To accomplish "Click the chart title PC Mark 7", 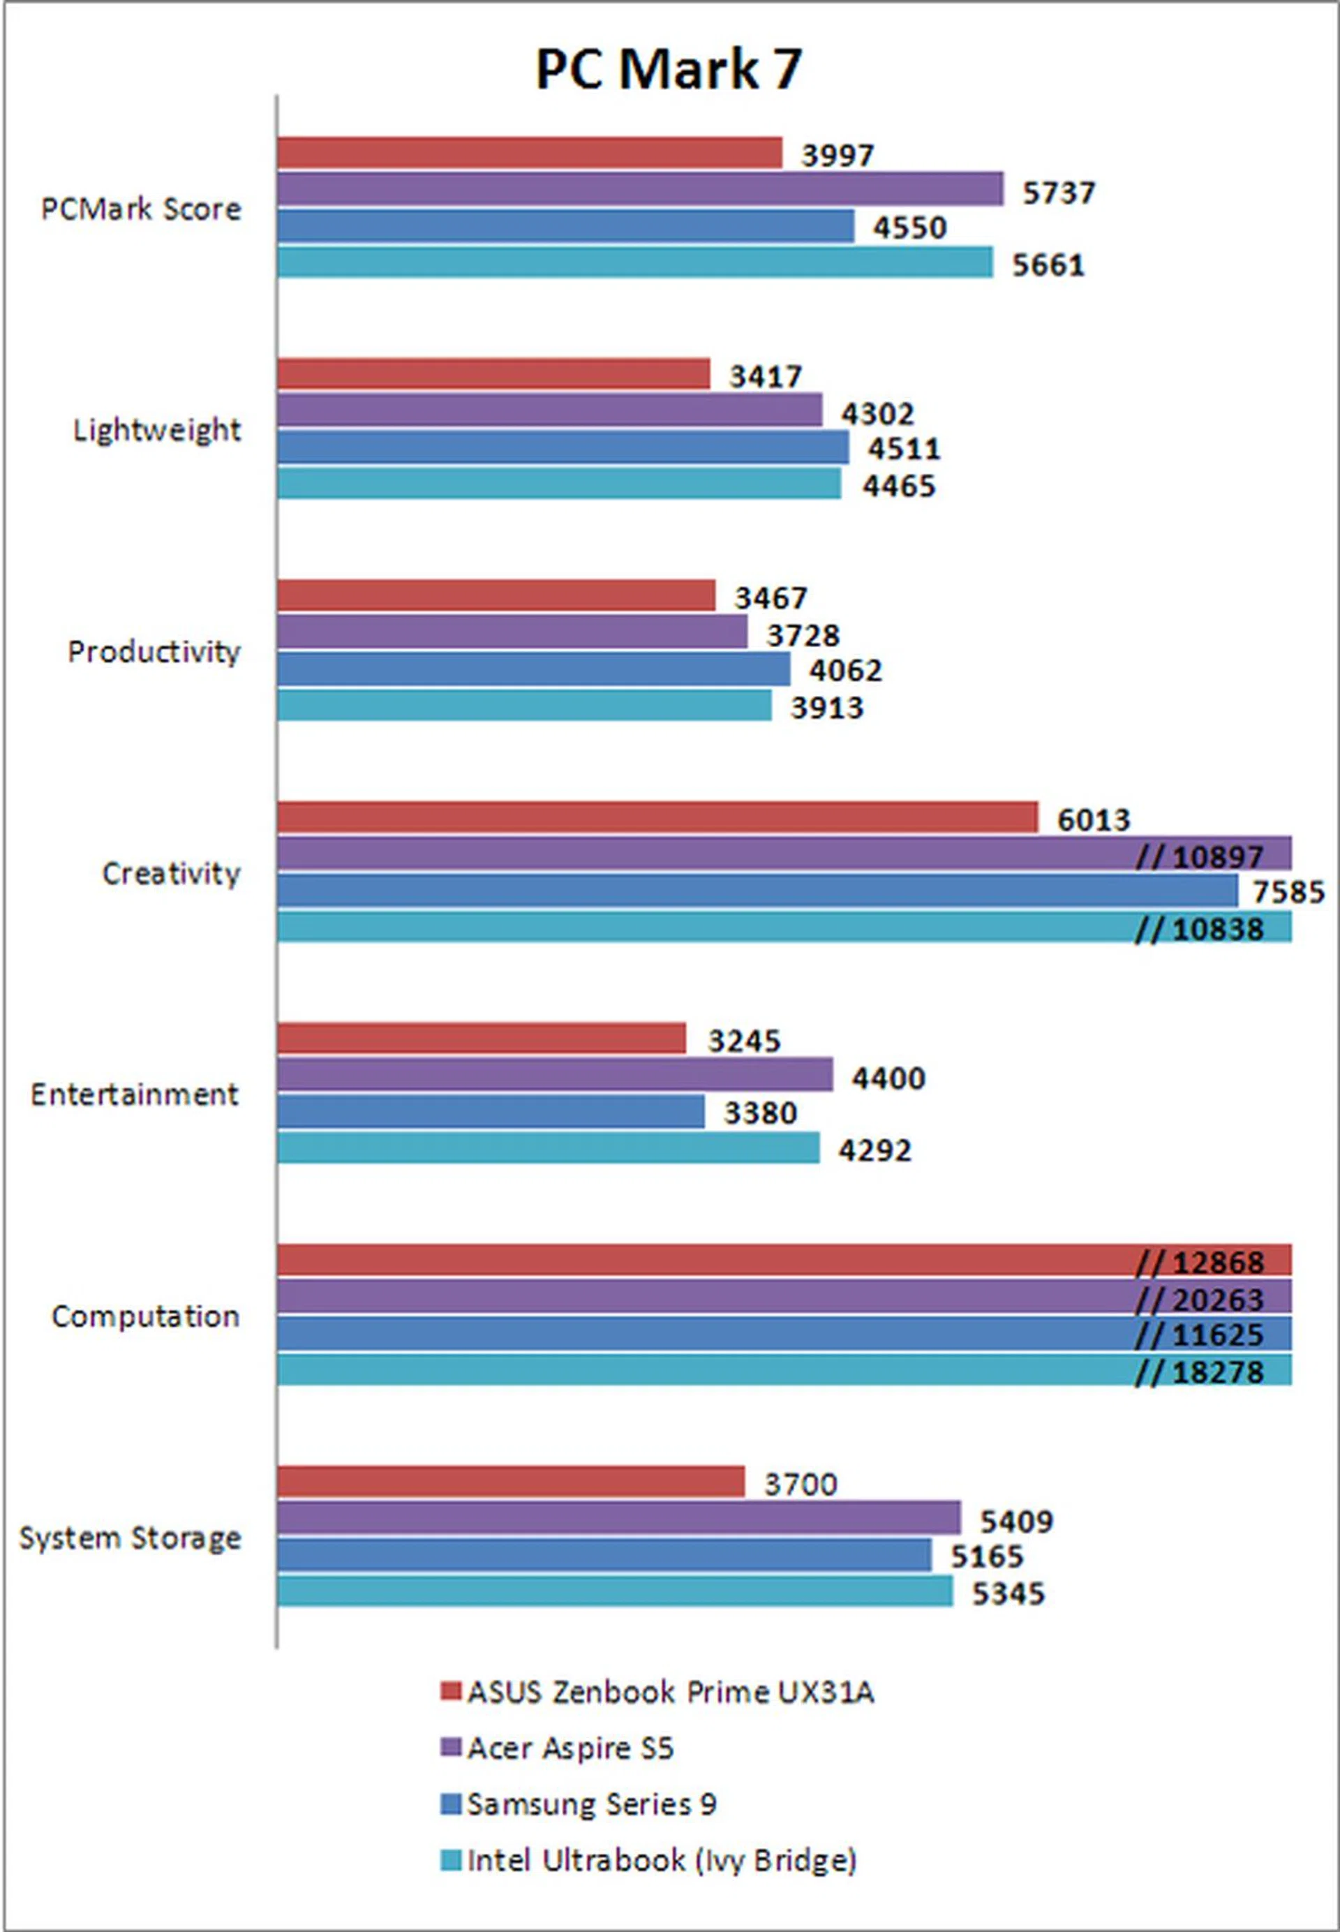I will point(669,69).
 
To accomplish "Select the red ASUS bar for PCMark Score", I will point(529,153).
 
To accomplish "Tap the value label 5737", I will point(1058,193).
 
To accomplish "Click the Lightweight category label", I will point(157,430).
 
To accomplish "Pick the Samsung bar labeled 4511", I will point(563,447).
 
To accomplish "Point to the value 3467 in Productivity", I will point(770,598).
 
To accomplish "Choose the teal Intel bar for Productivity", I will point(524,705).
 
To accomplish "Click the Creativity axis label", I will point(170,873).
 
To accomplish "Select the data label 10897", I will point(1216,856).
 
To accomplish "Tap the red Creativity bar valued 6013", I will point(657,817).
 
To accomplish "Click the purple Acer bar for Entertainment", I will point(554,1075).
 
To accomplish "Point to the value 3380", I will point(760,1113).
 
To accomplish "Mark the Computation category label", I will point(145,1316).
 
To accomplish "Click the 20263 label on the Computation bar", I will point(1216,1300).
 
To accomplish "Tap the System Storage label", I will point(130,1538).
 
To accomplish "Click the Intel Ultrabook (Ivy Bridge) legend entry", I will point(661,1861).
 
